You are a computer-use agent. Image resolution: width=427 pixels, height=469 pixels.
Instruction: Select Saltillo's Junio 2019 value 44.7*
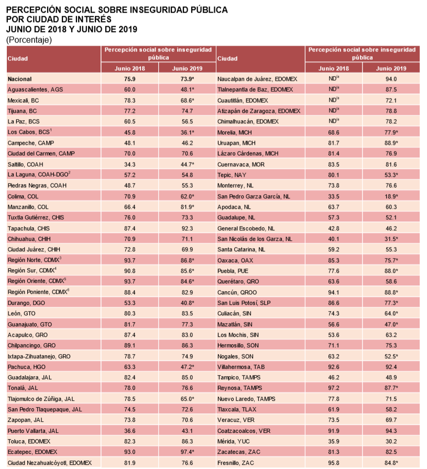pyautogui.click(x=187, y=164)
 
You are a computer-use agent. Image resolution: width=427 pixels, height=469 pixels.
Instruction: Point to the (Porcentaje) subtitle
pyautogui.click(x=29, y=40)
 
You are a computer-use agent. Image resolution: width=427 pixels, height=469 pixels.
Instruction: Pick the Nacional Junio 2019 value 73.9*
pyautogui.click(x=187, y=79)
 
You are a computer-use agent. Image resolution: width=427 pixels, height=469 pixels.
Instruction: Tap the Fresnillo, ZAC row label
pyautogui.click(x=237, y=462)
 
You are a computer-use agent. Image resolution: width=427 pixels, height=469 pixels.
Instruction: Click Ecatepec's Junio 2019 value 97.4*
pyautogui.click(x=187, y=451)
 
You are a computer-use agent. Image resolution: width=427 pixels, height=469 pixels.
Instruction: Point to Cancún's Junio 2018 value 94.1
pyautogui.click(x=333, y=292)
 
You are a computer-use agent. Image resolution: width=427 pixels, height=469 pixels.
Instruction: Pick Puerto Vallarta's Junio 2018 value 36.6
pyautogui.click(x=130, y=430)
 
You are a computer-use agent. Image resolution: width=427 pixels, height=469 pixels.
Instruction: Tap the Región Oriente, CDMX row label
pyautogui.click(x=37, y=281)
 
